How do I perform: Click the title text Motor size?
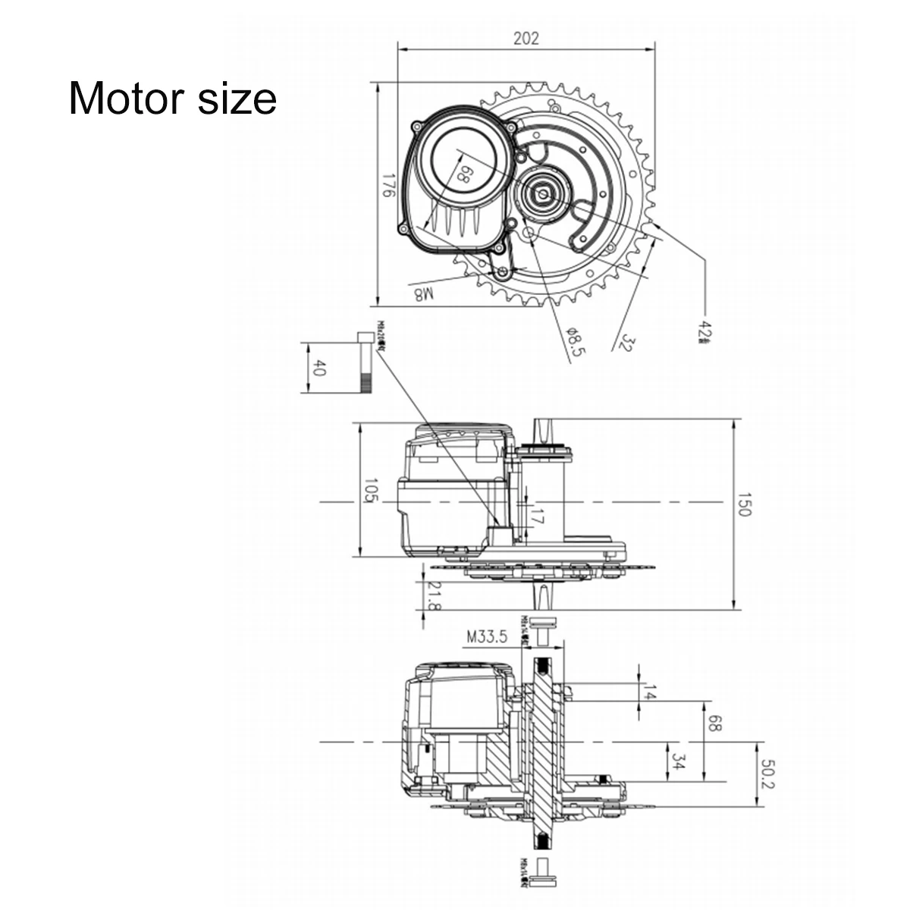pyautogui.click(x=173, y=99)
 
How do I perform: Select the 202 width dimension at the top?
pyautogui.click(x=526, y=38)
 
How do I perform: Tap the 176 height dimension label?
pyautogui.click(x=388, y=187)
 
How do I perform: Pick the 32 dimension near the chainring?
pyautogui.click(x=626, y=341)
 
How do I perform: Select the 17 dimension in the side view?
pyautogui.click(x=536, y=519)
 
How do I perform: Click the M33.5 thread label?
pyautogui.click(x=486, y=636)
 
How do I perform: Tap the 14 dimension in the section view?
pyautogui.click(x=648, y=691)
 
